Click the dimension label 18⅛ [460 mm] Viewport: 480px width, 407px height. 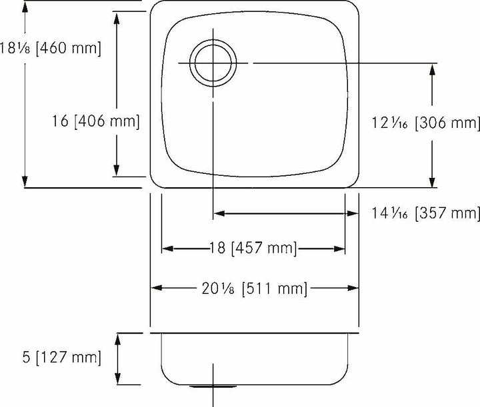50,49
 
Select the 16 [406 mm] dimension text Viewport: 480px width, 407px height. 96,121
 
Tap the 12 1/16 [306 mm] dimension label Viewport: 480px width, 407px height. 426,123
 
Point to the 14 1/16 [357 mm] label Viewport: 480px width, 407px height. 426,214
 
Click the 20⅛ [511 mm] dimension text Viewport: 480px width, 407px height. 253,288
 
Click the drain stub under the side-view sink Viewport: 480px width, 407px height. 213,386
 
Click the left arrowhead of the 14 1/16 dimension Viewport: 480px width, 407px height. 217,214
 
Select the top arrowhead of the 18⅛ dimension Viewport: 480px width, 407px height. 25,5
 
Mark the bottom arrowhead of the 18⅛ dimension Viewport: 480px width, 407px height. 25,182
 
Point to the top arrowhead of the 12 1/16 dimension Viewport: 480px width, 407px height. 433,68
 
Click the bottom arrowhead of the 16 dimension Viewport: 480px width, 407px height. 117,171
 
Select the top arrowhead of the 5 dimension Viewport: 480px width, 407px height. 119,338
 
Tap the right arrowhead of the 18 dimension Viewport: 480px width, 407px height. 340,249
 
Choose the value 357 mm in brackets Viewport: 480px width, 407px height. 447,214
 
